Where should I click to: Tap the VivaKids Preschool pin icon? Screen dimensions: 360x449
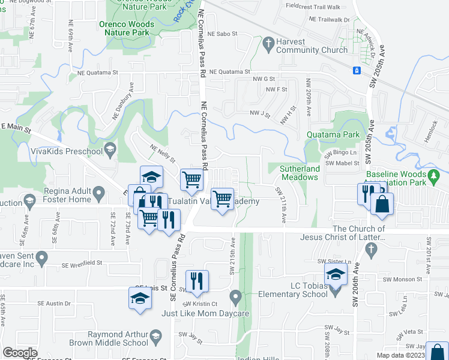(109, 149)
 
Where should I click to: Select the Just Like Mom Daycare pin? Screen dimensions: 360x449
(235, 296)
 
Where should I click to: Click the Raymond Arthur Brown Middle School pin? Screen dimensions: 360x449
(155, 335)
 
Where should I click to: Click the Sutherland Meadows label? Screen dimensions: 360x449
(299, 173)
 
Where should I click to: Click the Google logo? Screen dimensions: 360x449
(20, 353)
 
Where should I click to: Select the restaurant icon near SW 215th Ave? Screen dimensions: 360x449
(197, 281)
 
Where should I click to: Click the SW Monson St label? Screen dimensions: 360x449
(403, 279)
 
